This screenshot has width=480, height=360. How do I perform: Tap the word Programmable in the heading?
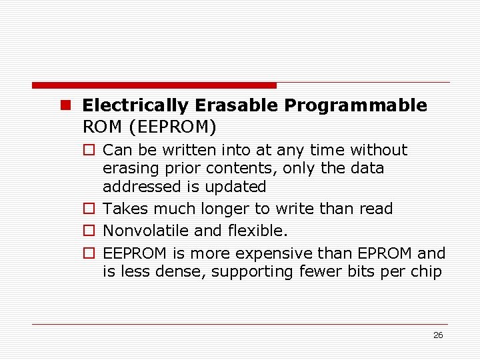coord(355,105)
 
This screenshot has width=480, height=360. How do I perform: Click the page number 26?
coord(437,335)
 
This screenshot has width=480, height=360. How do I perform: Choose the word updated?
coord(235,187)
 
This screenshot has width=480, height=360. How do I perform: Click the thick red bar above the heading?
coord(154,85)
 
